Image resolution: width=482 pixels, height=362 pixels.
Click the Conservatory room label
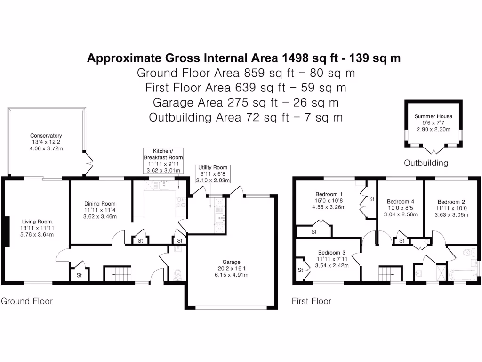pos(46,136)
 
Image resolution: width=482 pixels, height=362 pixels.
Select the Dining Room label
pos(99,204)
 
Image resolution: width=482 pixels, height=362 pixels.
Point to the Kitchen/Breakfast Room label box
pos(163,161)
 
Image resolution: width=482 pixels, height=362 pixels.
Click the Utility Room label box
pos(213,173)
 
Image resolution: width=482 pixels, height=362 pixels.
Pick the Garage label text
pos(231,262)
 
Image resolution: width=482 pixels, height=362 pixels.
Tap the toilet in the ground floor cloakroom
pos(177,275)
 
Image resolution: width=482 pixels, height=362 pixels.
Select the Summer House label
pos(433,116)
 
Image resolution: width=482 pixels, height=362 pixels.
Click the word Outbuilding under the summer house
pos(426,163)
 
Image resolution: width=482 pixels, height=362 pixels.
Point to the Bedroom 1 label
pos(329,194)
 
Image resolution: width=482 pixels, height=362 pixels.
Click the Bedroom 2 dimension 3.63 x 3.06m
pos(451,215)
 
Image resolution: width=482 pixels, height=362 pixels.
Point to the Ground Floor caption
pos(27,301)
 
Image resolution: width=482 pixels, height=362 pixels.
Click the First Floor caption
pos(312,301)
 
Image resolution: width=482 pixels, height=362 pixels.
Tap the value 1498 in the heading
pos(296,58)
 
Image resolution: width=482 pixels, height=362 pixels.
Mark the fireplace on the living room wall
pos(6,231)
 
